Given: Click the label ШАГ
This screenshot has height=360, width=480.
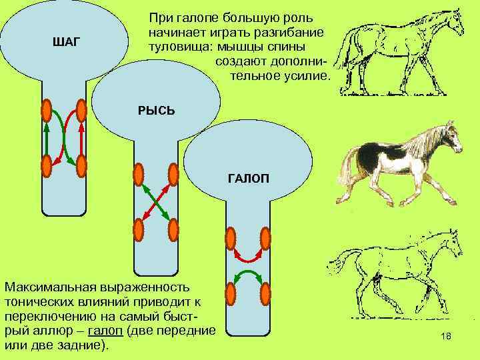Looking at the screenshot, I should (x=65, y=43).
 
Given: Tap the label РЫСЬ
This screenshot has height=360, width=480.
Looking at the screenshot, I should (x=156, y=110).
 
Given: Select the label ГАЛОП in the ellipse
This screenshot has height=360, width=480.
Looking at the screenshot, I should (x=247, y=179).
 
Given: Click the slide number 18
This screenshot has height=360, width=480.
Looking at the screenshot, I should (x=446, y=337).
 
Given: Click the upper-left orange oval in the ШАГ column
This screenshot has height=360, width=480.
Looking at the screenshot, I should (x=47, y=110).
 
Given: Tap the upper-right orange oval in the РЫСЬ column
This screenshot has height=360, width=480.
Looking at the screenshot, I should (x=173, y=175).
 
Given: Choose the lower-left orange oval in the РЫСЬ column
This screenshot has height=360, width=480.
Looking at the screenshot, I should (x=139, y=229).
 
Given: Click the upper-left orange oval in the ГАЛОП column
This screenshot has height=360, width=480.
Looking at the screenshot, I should (x=231, y=239).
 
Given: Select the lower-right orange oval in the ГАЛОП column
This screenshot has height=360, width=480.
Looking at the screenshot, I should (x=265, y=293).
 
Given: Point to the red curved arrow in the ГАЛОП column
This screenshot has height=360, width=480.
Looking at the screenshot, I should (x=248, y=257).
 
